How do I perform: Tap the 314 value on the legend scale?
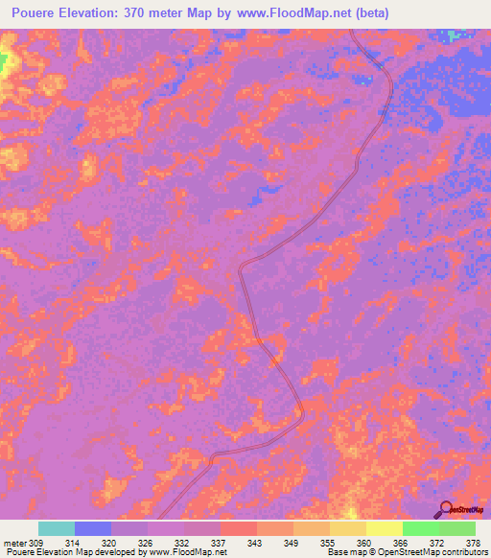pos(72,543)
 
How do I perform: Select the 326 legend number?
pos(145,543)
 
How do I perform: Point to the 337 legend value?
pos(219,543)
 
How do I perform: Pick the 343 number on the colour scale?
pos(255,543)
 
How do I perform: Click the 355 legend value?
pos(328,543)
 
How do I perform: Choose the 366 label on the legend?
pos(401,543)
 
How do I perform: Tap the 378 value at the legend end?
pos(474,543)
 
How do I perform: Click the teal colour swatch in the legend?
pos(57,528)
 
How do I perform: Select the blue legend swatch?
pos(93,528)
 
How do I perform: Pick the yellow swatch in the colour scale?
pos(385,528)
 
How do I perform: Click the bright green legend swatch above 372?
pos(421,528)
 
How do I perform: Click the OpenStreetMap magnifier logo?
pos(446,507)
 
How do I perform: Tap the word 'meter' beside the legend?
pos(13,543)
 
